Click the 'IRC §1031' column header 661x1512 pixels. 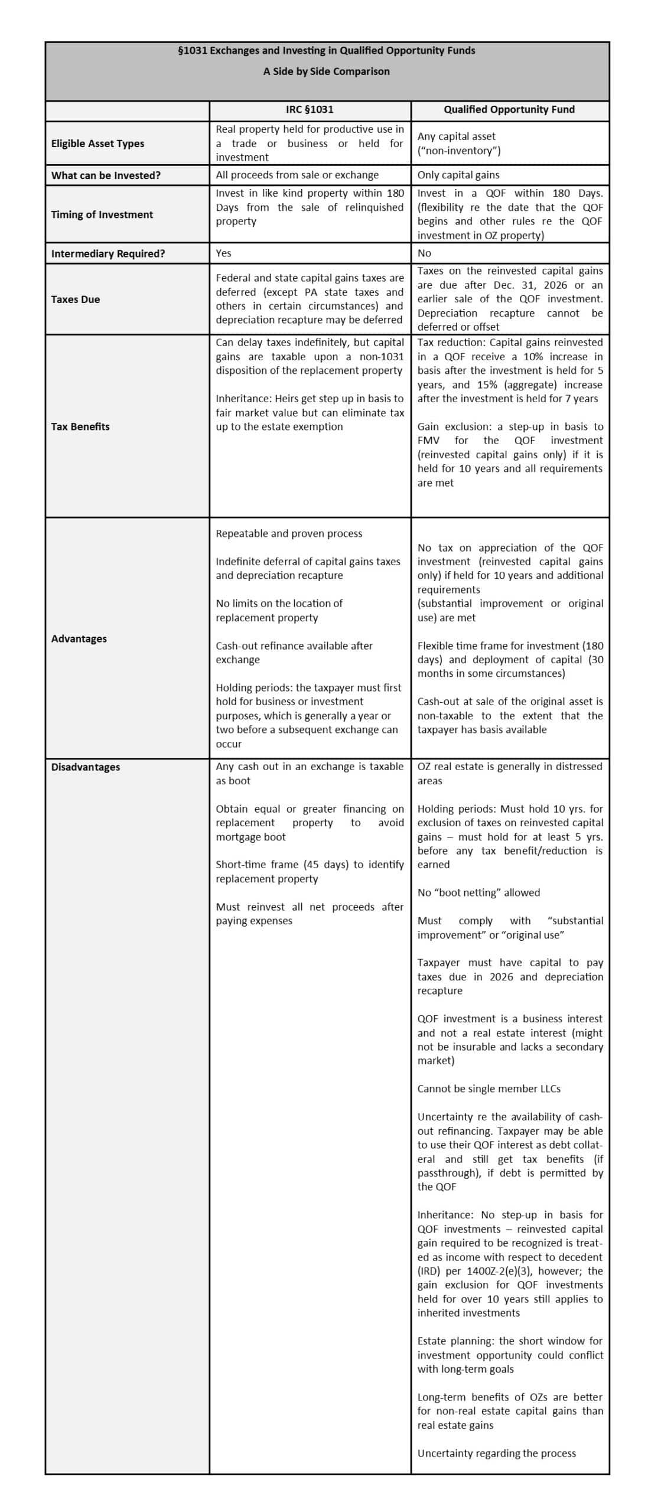tap(310, 110)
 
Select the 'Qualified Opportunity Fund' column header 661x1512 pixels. tap(509, 110)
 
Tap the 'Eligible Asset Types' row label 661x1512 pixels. tap(97, 144)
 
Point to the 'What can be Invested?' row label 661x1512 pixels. tap(106, 175)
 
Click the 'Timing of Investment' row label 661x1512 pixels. tap(102, 214)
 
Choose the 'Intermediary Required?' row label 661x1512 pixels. tap(108, 253)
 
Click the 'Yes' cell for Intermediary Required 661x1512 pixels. tap(223, 253)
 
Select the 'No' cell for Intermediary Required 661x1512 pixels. tap(424, 253)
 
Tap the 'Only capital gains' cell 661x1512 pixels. tap(458, 175)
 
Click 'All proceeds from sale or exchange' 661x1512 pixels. tap(297, 175)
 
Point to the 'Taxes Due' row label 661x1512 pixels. tap(76, 299)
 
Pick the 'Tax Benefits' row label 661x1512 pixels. tap(80, 426)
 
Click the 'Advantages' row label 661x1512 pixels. tap(79, 638)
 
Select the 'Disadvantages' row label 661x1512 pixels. tap(86, 767)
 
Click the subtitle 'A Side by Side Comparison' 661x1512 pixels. tap(326, 71)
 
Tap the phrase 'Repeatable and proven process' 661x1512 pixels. tap(289, 534)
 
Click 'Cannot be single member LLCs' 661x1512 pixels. tap(489, 1089)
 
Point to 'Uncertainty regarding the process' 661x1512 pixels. tap(496, 1453)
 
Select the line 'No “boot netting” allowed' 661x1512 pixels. tap(478, 892)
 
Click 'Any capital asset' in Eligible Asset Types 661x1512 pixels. tap(456, 136)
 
